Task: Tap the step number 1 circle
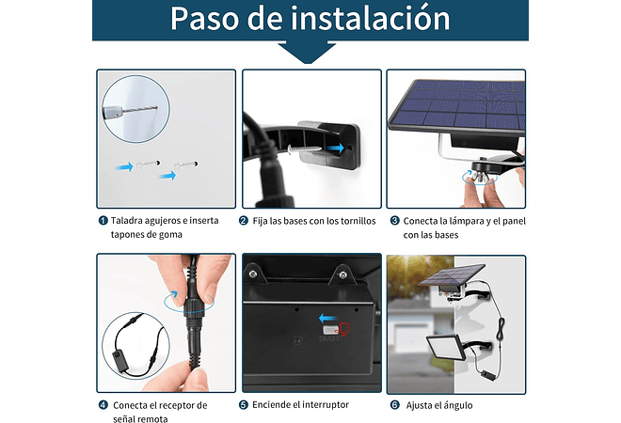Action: tap(103, 221)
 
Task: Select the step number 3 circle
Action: tap(395, 221)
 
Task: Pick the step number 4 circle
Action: tap(103, 405)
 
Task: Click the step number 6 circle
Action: tap(395, 405)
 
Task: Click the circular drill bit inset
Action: tap(131, 105)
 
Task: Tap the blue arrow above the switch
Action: tap(326, 319)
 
